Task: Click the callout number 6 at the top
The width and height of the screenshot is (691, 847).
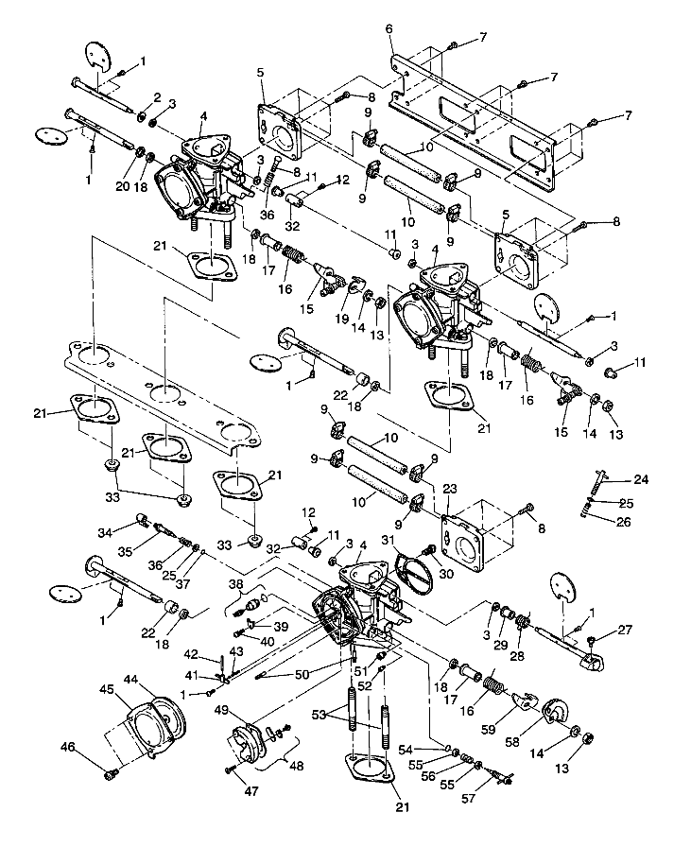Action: coord(389,30)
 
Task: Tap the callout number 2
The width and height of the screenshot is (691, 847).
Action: coord(158,97)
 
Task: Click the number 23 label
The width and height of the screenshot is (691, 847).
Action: coord(450,489)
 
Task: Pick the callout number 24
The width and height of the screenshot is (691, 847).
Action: coord(641,480)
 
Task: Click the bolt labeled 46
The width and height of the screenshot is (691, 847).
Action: coord(112,773)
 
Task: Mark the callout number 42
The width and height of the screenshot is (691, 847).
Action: coord(189,653)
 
